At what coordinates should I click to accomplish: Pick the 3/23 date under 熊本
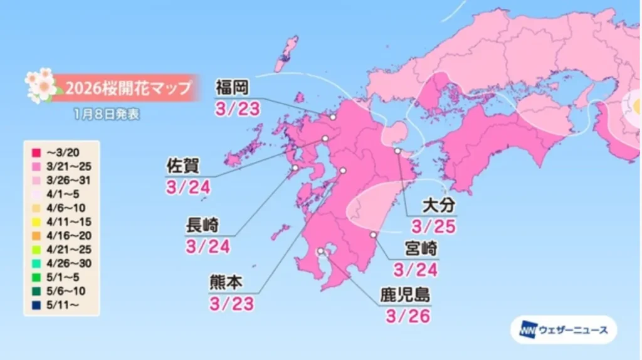[x=231, y=304]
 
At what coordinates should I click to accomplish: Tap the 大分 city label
[x=437, y=204]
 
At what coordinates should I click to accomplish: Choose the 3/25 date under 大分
[x=433, y=226]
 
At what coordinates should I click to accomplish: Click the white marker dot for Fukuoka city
[x=333, y=117]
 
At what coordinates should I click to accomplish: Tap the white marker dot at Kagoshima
[x=321, y=251]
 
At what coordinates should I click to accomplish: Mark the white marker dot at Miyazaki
[x=373, y=235]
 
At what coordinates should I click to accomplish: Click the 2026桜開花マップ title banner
[x=125, y=87]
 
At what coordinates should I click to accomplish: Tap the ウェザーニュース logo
[x=563, y=331]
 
